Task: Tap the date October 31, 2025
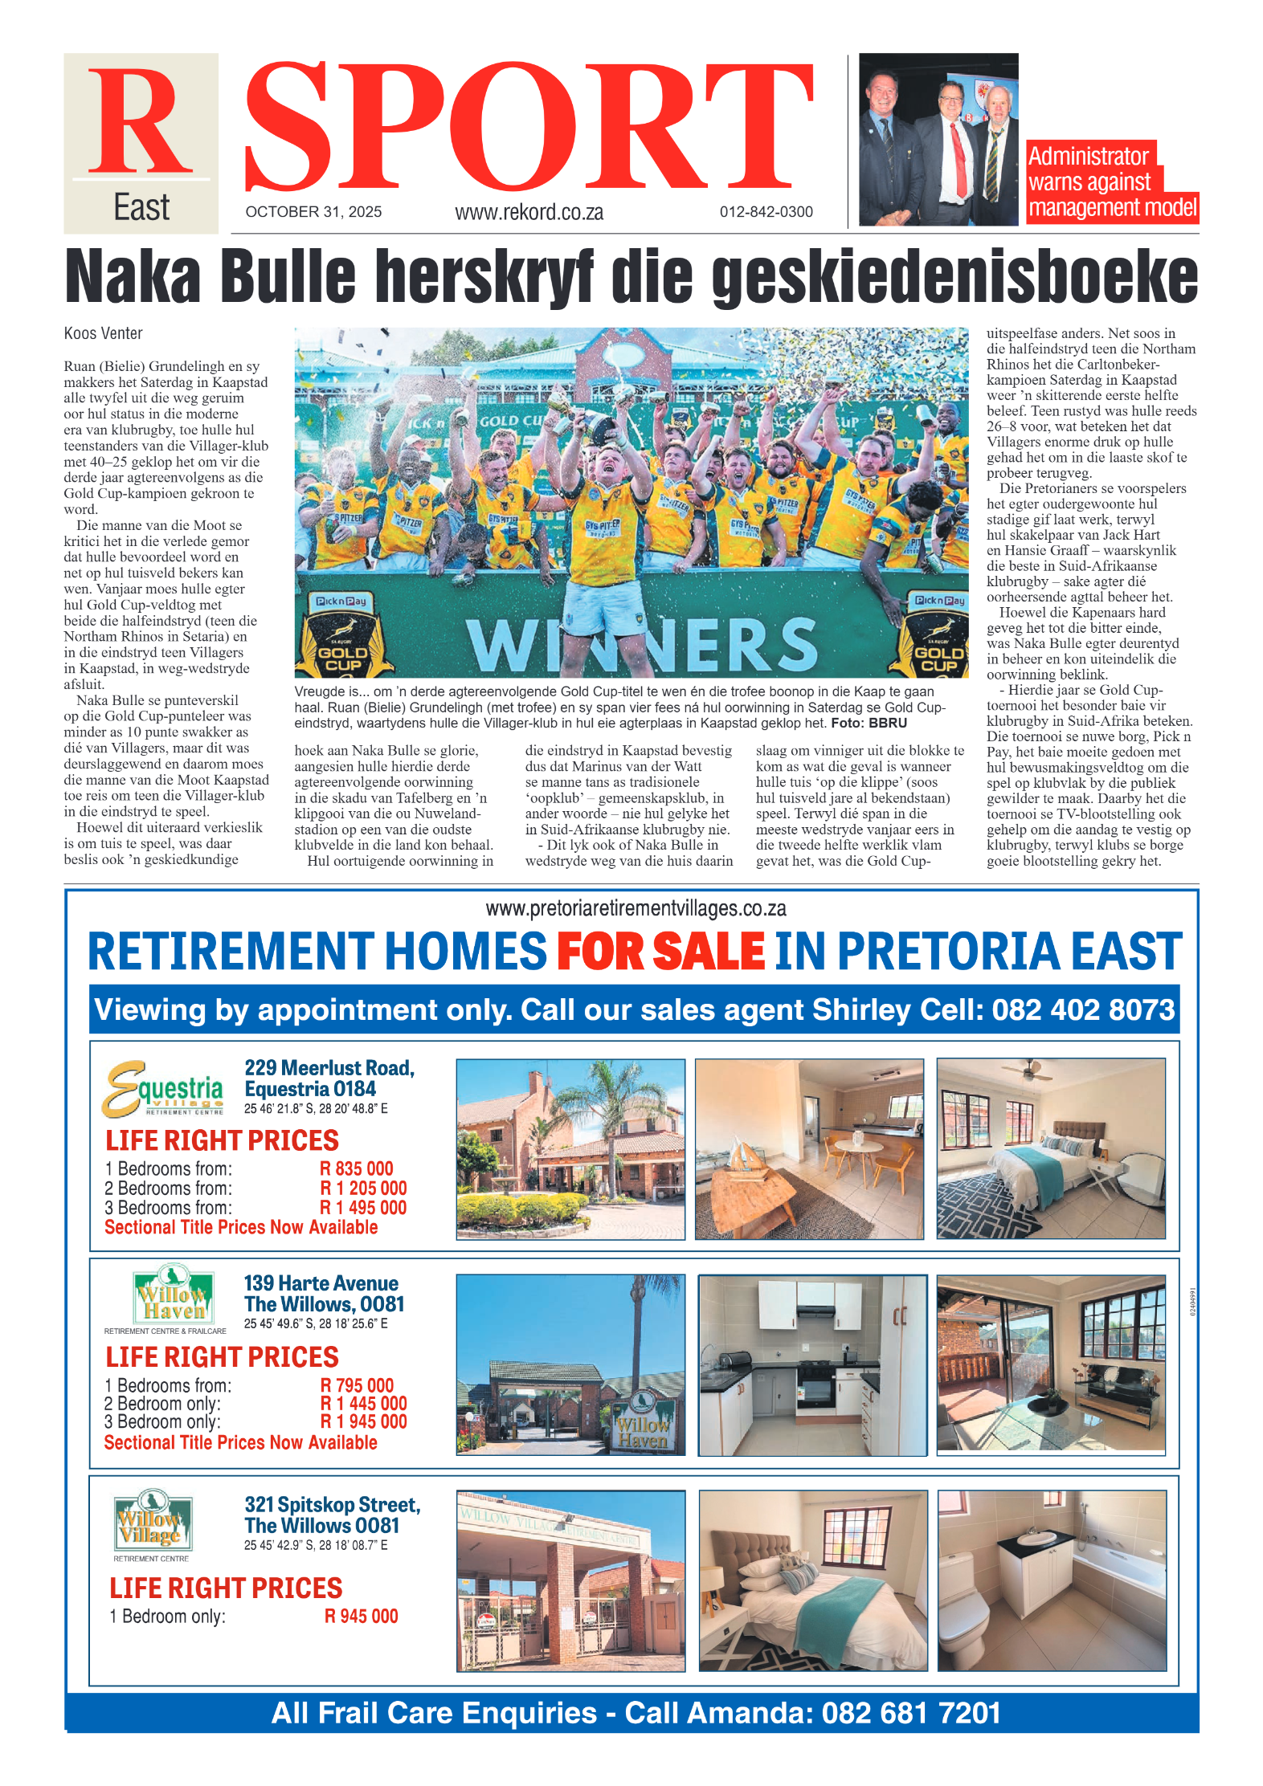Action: [x=313, y=212]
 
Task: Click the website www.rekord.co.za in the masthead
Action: [x=529, y=213]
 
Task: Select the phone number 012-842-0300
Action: [x=766, y=212]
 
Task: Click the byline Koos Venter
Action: [x=103, y=333]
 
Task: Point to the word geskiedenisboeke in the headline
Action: [x=954, y=277]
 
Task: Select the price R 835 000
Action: [x=356, y=1168]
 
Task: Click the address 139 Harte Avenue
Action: [x=321, y=1283]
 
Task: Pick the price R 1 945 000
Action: [x=363, y=1421]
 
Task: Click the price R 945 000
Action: [x=361, y=1617]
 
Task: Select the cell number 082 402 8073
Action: [x=1083, y=1009]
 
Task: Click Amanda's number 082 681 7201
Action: [x=910, y=1713]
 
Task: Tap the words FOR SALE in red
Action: [x=660, y=952]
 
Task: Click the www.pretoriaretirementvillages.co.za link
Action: [x=636, y=908]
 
